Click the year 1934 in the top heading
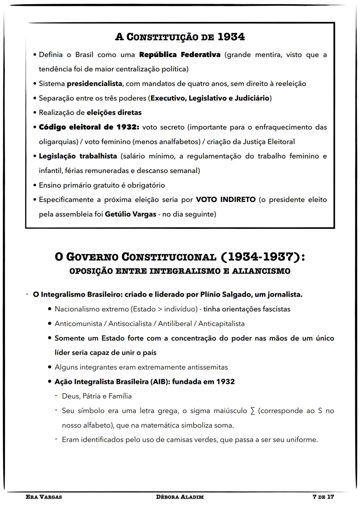[231, 37]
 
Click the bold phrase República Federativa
[180, 55]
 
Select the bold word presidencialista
[94, 84]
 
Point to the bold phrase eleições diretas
[114, 113]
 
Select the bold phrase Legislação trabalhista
[78, 156]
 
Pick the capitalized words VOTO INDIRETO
[225, 200]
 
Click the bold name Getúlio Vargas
[130, 214]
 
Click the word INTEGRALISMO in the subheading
[184, 271]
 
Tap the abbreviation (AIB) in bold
[160, 382]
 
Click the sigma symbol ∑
[252, 411]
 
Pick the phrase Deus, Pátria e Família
[97, 396]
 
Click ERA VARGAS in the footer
[44, 497]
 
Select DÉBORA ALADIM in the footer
[180, 497]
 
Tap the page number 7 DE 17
[323, 497]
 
